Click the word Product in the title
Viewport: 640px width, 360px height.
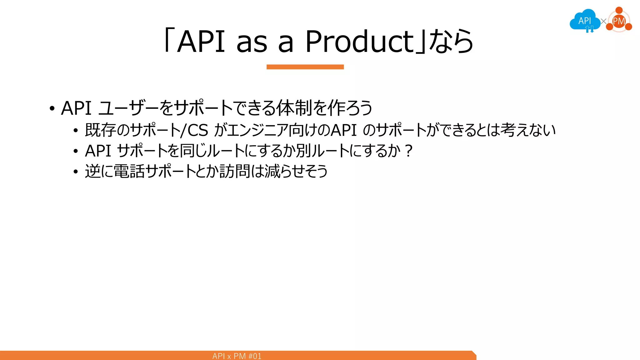tap(359, 42)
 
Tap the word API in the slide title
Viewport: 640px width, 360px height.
tap(201, 42)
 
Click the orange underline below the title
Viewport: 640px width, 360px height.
tap(305, 67)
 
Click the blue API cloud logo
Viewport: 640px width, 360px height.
tap(584, 20)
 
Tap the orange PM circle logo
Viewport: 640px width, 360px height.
tap(619, 21)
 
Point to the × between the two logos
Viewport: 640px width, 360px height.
tap(603, 21)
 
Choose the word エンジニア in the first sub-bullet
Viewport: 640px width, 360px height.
tap(257, 130)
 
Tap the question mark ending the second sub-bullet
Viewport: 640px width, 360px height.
tap(408, 151)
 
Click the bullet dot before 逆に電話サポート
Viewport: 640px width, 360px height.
tap(75, 172)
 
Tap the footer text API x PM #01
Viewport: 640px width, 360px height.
tap(237, 356)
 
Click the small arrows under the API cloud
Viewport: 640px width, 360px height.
tap(589, 29)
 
